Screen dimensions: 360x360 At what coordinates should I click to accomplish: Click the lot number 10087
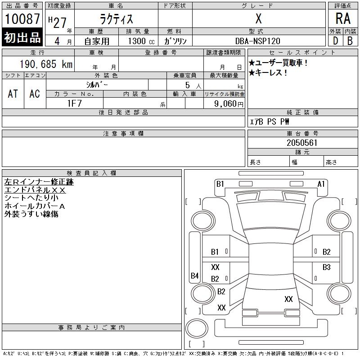coord(22,19)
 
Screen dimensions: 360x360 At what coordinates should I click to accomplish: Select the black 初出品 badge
coord(22,37)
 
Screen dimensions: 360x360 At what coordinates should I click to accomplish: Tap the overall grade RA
coord(343,18)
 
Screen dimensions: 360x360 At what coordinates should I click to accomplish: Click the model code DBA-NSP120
coord(257,41)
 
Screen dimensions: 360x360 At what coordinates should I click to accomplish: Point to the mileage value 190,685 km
coord(46,64)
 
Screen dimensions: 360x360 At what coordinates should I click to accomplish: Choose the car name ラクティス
coord(117,19)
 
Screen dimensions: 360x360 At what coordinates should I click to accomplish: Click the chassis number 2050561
coord(302,143)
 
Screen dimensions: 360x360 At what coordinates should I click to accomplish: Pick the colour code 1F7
coord(74,103)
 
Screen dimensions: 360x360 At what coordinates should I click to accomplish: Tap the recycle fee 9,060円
coord(229,104)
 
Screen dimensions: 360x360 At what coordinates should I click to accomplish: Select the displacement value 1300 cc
coord(141,41)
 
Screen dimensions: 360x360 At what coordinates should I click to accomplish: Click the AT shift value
coord(13,94)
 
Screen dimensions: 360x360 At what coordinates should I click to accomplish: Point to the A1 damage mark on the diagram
coord(321,184)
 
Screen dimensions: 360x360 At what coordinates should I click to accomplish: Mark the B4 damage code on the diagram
coord(195,275)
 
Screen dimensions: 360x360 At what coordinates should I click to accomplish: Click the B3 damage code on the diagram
coord(327,267)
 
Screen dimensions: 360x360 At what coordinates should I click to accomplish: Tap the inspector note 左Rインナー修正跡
coord(39,182)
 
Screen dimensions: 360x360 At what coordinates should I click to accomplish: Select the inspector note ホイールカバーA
coord(35,206)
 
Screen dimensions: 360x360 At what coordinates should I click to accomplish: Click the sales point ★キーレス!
coord(268,73)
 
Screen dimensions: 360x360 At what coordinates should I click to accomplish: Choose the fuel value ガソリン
coord(175,41)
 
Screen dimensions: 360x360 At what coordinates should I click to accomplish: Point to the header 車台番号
coord(302,133)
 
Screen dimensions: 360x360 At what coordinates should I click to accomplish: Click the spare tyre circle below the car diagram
coord(197,328)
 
